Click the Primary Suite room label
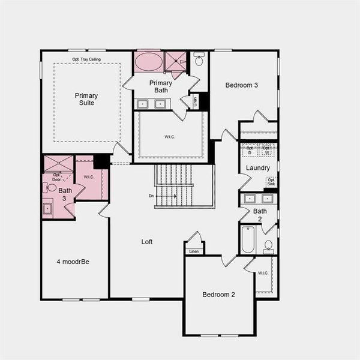(x=86, y=99)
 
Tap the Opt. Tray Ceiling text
(x=86, y=59)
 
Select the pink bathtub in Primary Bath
(x=148, y=62)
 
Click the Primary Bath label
(x=161, y=87)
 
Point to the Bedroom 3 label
(x=242, y=85)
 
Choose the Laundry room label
(x=258, y=168)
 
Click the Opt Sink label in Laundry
(x=271, y=181)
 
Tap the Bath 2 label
(x=260, y=215)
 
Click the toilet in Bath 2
(x=268, y=246)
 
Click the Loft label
(x=147, y=242)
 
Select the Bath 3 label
(x=65, y=194)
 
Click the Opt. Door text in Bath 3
(x=57, y=177)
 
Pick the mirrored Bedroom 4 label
(x=73, y=262)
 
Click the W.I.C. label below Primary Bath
(x=170, y=137)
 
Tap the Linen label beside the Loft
(x=194, y=251)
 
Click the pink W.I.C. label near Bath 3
(x=89, y=177)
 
